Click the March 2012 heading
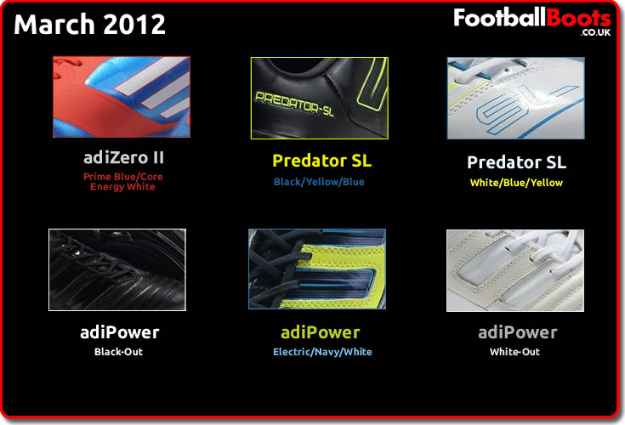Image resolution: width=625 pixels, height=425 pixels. coord(89,24)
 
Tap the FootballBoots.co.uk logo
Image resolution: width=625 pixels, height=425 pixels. coord(532,21)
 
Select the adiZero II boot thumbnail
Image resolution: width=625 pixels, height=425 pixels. coord(122,97)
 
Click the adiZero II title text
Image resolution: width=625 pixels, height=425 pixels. coord(123,158)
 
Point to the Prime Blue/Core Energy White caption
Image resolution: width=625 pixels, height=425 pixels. coord(122,182)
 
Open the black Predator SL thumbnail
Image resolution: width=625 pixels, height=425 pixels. coord(319,98)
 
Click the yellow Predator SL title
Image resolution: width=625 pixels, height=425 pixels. coord(321,161)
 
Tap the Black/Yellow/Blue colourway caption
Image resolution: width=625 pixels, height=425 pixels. coord(319,182)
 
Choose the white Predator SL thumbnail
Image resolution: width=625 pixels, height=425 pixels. coord(516,98)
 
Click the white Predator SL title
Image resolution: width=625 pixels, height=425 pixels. coord(517,162)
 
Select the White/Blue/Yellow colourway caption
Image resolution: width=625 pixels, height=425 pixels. coord(516,183)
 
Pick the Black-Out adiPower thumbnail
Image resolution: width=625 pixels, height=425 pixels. coord(117,269)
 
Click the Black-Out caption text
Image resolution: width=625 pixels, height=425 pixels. coord(118,352)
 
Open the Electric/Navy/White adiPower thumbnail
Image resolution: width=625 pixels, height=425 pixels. coord(317,269)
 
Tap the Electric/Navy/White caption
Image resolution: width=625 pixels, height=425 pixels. coord(322,352)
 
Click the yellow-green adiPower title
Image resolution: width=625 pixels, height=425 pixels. coord(321,332)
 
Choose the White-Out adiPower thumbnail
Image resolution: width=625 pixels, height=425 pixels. coord(515,270)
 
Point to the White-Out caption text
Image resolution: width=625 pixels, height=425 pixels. coord(514,352)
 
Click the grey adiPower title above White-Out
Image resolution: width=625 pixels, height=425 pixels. coord(518,332)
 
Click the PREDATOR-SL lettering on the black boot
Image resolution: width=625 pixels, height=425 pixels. coord(294,104)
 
